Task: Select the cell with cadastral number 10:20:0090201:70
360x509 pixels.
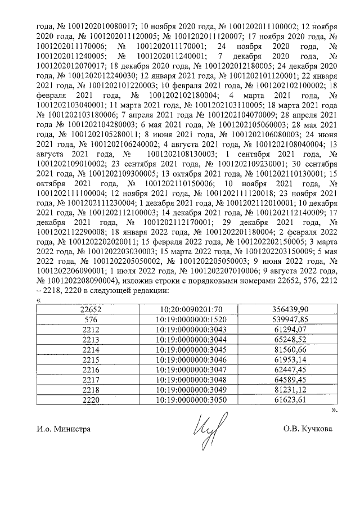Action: [x=184, y=309]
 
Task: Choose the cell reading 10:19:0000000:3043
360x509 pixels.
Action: [x=184, y=328]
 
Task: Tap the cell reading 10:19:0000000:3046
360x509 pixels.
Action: [x=184, y=358]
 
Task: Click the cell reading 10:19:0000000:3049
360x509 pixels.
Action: [x=184, y=388]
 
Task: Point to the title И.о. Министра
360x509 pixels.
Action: [x=62, y=429]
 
